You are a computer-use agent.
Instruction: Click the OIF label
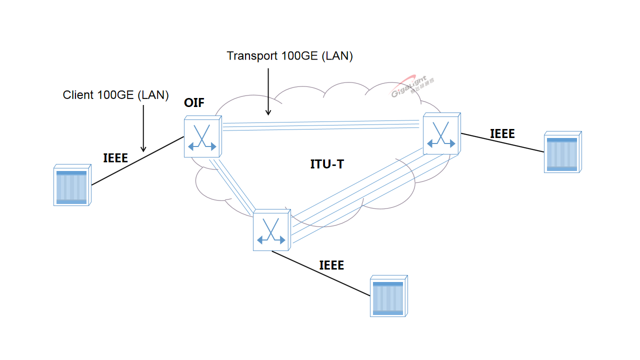(194, 103)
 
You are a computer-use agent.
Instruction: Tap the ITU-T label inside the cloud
(327, 164)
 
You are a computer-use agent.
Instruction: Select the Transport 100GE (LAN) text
(290, 56)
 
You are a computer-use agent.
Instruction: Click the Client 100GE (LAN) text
(115, 94)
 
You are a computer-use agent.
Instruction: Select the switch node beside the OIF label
(202, 136)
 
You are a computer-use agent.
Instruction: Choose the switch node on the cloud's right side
(441, 133)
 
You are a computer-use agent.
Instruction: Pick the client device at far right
(562, 152)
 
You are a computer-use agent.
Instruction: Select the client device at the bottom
(388, 296)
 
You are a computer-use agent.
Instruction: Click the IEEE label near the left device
(115, 158)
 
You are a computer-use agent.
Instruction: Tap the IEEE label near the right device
(502, 133)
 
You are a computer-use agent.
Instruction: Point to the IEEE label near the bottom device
(331, 265)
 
